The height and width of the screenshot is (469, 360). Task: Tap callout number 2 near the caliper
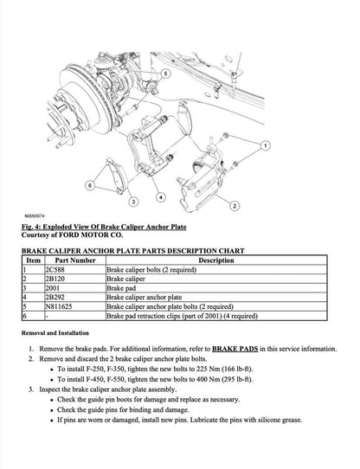[235, 207]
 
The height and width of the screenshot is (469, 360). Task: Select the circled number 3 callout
[132, 202]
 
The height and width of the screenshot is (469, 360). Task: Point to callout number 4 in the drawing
[162, 196]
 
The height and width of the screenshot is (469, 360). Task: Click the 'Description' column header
[222, 260]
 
